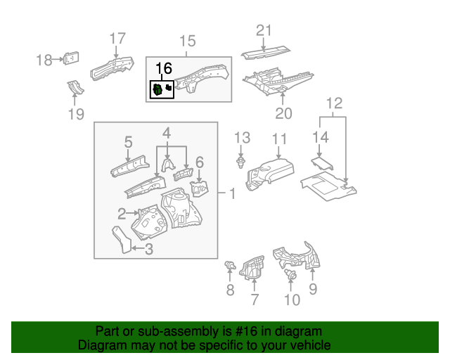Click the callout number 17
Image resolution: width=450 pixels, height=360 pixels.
(117, 39)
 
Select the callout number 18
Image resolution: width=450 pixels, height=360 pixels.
(46, 60)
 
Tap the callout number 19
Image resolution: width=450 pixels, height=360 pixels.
(76, 114)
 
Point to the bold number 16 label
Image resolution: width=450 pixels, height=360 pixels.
(163, 68)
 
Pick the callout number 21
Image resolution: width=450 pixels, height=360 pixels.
(263, 30)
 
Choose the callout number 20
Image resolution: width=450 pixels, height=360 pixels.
(283, 113)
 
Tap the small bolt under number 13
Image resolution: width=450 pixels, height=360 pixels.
(241, 163)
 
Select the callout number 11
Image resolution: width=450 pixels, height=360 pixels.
(280, 139)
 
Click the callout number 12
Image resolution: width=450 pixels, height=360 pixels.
(334, 103)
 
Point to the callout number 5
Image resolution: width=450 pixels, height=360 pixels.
(129, 143)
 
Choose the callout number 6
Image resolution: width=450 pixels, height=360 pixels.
(199, 162)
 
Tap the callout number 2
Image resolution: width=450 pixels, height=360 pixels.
(121, 213)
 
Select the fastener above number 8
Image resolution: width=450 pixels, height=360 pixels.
(229, 265)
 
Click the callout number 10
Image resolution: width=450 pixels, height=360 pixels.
(291, 300)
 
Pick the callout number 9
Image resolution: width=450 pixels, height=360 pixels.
(313, 288)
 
